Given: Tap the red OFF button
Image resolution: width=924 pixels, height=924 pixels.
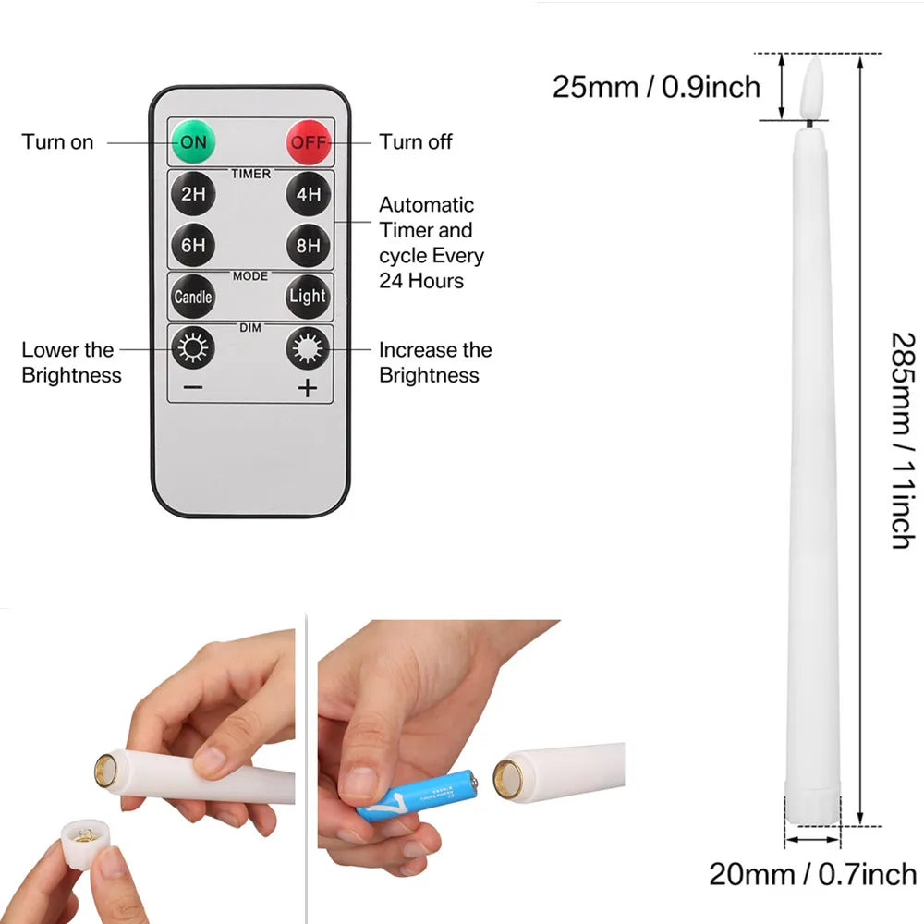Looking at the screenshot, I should (x=308, y=142).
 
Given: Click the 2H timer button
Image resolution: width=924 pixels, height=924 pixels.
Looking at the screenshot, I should (x=192, y=194).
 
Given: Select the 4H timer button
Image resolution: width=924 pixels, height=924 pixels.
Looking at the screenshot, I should (x=308, y=194).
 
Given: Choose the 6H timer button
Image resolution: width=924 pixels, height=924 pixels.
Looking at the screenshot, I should (x=192, y=246).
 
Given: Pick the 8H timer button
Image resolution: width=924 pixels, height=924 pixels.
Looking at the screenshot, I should (x=308, y=246).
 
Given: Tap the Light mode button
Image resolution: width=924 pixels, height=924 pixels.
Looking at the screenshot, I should (x=308, y=297).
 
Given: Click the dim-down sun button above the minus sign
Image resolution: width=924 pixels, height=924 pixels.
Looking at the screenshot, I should (x=192, y=348).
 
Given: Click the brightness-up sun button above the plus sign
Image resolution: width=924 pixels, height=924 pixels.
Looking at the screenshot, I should (x=308, y=348).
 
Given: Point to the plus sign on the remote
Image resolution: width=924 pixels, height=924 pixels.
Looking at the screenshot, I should (x=308, y=388).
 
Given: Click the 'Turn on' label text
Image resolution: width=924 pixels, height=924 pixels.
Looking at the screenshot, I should (x=57, y=142).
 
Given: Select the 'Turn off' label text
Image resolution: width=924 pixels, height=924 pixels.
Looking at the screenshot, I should (x=416, y=142).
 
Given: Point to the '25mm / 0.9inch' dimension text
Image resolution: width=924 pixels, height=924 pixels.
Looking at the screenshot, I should (x=656, y=87).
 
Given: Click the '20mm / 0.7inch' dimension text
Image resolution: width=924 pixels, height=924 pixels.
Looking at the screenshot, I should (x=812, y=873).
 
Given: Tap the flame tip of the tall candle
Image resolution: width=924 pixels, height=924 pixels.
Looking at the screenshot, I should (x=812, y=83).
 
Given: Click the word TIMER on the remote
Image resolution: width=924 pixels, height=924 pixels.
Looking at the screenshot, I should (x=250, y=174).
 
